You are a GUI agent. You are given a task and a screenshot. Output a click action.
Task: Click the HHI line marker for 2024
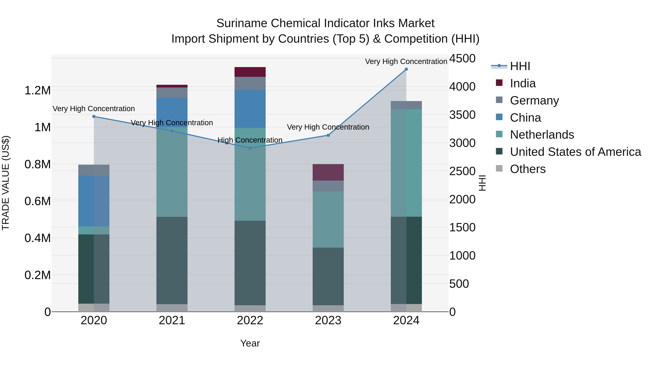point(406,69)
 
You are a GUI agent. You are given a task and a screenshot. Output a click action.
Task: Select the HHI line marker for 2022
point(250,148)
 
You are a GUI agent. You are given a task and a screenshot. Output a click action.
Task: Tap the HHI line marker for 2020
point(94,116)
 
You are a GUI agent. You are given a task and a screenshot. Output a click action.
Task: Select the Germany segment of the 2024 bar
point(406,105)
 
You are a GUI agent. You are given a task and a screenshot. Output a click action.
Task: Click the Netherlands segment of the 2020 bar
point(94,230)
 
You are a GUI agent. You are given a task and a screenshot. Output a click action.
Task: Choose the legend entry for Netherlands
point(542,135)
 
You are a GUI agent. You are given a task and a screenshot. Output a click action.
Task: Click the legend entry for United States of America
point(575,152)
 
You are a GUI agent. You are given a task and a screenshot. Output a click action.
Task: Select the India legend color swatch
point(499,83)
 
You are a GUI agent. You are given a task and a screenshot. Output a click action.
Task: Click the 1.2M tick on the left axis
point(37,90)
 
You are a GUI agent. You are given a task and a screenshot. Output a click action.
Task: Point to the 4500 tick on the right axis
point(462,58)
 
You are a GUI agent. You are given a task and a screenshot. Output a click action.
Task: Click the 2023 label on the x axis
point(328,320)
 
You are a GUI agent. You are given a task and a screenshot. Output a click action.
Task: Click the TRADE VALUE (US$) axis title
point(6,183)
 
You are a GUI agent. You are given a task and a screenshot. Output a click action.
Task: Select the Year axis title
point(250,343)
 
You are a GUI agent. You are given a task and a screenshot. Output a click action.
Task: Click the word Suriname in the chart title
point(242,23)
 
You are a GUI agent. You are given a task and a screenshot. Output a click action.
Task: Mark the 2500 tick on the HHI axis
point(462,171)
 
